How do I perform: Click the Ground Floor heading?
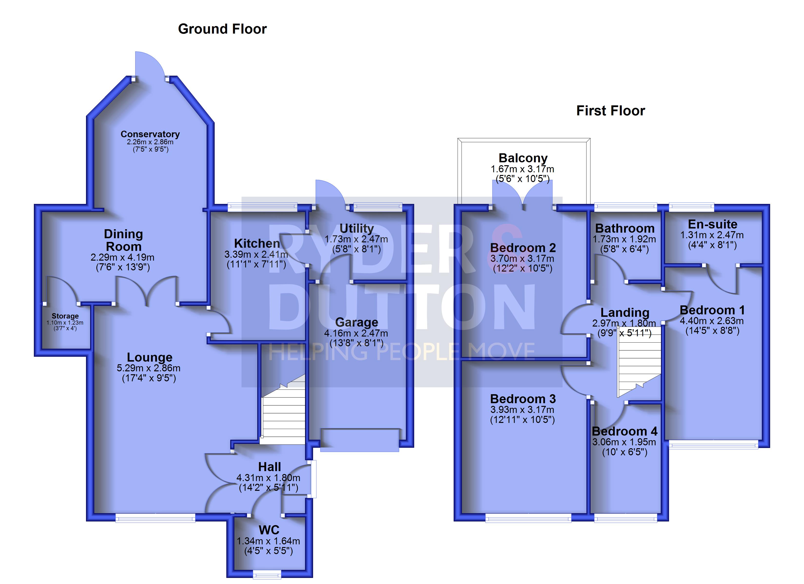(x=222, y=29)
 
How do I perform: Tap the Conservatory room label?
(x=150, y=134)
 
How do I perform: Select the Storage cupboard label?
(x=65, y=316)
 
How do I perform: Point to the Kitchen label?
(x=257, y=244)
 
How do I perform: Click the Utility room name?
(x=357, y=228)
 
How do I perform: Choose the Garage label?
(x=357, y=322)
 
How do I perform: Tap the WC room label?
(x=269, y=530)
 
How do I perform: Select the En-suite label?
(x=713, y=224)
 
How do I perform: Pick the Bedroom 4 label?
(x=625, y=431)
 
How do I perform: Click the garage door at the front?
(x=360, y=440)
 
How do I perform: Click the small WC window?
(x=267, y=575)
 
